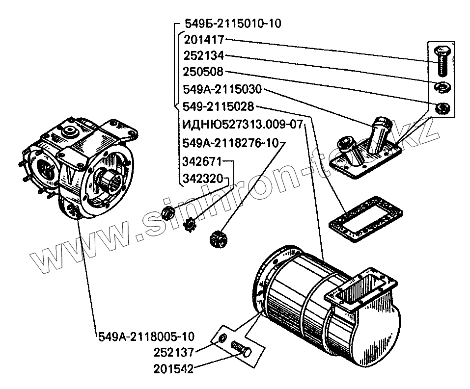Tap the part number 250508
coord(203,72)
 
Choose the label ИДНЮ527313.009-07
coord(242,123)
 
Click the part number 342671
coord(203,161)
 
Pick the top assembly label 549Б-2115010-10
coord(233,24)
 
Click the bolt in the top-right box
coord(441,60)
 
